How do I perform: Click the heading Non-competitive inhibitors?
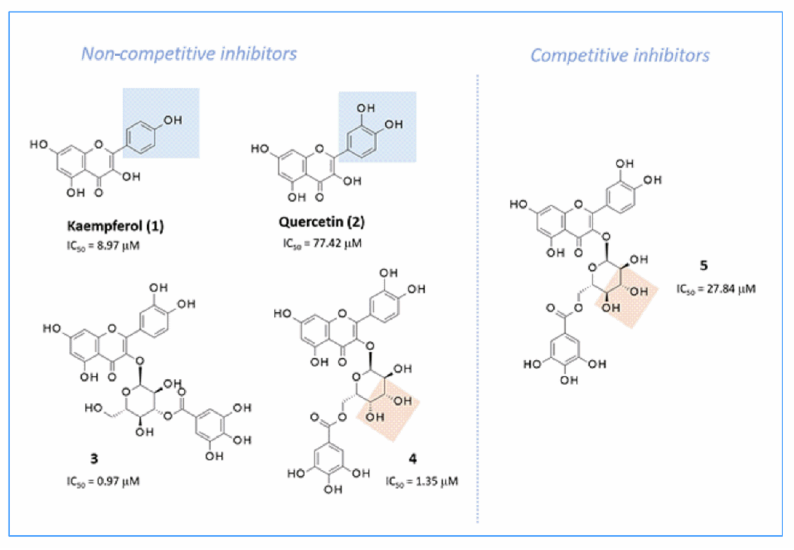pos(189,54)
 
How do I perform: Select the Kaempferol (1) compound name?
pos(115,226)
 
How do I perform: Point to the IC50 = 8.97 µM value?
pos(103,246)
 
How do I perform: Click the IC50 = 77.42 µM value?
pos(322,243)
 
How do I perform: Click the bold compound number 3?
pos(94,459)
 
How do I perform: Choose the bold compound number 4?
pos(412,459)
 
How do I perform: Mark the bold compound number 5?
pos(704,265)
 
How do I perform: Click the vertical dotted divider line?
pos(478,296)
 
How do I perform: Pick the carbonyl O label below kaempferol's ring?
pos(99,192)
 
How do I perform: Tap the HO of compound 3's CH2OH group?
pos(94,408)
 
